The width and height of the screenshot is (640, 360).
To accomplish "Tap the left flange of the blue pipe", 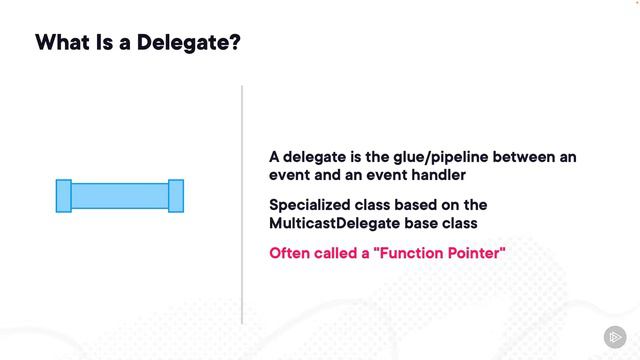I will point(64,195).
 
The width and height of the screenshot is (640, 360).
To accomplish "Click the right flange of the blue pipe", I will point(176,195).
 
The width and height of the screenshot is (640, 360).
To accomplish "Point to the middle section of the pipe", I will point(120,195).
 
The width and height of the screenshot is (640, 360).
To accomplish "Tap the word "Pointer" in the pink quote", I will point(478,253).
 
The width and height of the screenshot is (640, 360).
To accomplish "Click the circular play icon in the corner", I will point(614,336).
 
